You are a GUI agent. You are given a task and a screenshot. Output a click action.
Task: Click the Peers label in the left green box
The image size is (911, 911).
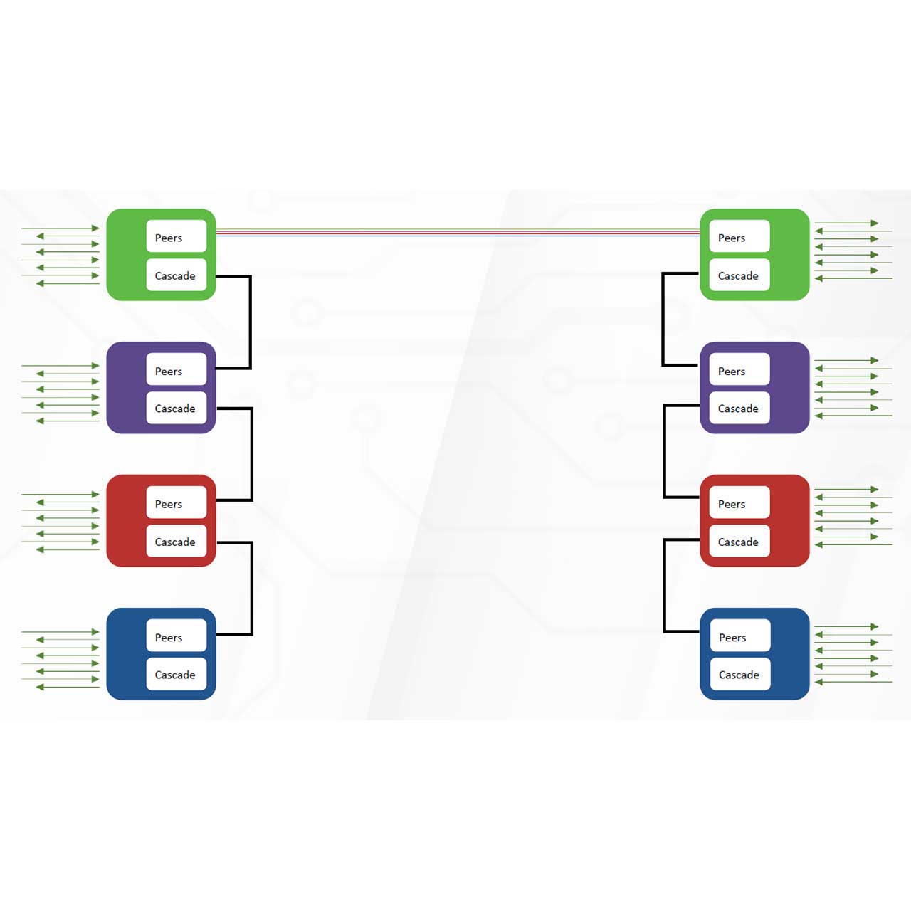click(x=169, y=238)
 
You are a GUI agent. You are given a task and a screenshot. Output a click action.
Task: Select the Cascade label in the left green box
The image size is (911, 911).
click(x=175, y=275)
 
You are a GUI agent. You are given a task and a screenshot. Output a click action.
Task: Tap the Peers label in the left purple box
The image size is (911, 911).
click(x=169, y=371)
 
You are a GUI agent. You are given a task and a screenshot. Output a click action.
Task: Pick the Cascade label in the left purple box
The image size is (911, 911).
click(x=175, y=409)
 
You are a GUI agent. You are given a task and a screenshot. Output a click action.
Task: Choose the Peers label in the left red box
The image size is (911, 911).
click(x=169, y=504)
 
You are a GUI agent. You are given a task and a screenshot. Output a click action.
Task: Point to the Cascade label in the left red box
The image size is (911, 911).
click(x=175, y=542)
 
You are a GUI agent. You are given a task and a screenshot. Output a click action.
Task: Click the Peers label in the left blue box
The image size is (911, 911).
click(x=169, y=638)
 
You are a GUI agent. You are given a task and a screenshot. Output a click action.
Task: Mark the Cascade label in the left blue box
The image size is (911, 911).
click(x=175, y=675)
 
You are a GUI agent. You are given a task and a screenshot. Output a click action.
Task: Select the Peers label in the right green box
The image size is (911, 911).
click(x=732, y=238)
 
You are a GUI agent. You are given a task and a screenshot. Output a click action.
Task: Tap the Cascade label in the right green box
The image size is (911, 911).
click(x=738, y=275)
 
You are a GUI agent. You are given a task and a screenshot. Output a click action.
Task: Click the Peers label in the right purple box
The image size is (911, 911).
click(x=732, y=371)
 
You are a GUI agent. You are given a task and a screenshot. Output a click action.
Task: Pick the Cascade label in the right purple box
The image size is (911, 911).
click(x=738, y=409)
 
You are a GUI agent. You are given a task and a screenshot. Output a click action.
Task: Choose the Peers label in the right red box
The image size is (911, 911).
click(x=732, y=504)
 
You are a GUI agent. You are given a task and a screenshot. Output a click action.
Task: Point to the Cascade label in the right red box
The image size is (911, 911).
click(x=738, y=542)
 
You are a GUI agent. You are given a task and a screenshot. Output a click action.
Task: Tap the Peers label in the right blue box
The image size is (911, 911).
click(x=732, y=638)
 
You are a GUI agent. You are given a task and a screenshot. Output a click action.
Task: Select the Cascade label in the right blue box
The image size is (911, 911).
click(x=739, y=675)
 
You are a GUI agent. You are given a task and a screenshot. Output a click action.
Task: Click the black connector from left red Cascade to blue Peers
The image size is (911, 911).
click(x=251, y=588)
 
